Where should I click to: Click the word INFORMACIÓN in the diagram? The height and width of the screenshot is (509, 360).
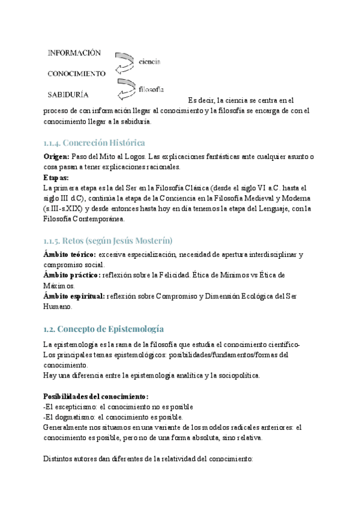74,53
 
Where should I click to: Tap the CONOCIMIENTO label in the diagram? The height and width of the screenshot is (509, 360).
76,74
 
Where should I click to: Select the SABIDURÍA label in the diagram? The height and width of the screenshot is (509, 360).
68,94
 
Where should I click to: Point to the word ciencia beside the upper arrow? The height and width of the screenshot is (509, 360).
149,62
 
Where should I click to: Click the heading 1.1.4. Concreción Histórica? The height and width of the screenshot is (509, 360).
94,143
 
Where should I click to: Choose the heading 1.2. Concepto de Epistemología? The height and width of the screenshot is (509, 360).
104,330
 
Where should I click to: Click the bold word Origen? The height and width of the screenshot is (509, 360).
57,156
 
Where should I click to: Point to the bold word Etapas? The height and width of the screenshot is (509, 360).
56,178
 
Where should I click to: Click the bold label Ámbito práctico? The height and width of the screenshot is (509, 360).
71,276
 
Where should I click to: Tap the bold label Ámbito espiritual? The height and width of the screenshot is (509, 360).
74,296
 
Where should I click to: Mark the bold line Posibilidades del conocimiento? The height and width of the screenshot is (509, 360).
95,396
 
